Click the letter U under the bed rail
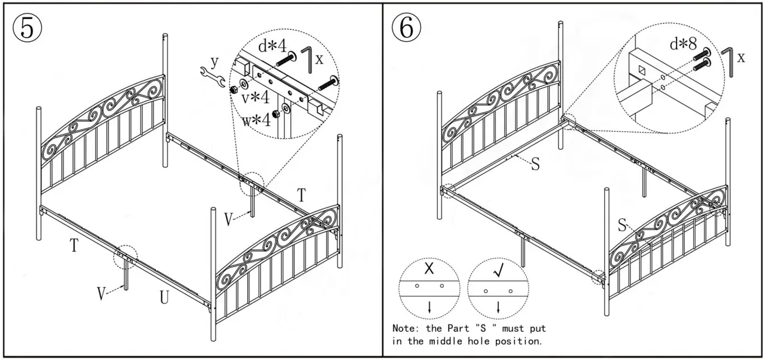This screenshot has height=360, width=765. click(164, 298)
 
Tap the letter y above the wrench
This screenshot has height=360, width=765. click(214, 60)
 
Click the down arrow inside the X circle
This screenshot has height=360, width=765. click(429, 307)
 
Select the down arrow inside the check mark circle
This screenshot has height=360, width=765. click(498, 307)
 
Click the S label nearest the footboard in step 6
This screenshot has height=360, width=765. click(622, 225)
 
